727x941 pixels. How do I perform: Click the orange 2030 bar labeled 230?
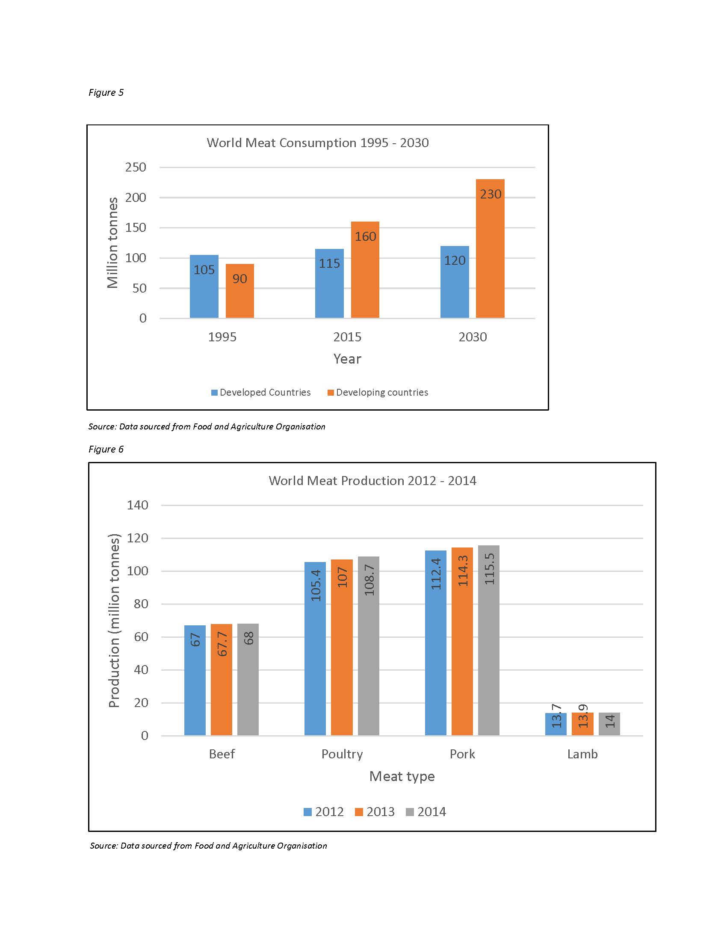click(x=490, y=249)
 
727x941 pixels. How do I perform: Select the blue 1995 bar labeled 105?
click(x=204, y=287)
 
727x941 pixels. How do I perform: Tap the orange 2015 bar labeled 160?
click(x=365, y=270)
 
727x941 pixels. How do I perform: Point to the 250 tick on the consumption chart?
click(x=136, y=167)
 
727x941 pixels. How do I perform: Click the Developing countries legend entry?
click(x=378, y=393)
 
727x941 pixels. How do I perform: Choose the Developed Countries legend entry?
click(x=260, y=393)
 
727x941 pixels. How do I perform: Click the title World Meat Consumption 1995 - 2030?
click(x=318, y=142)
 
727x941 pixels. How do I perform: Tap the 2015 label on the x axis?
click(x=347, y=337)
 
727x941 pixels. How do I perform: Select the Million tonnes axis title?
click(x=112, y=243)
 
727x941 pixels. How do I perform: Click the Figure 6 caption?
click(x=106, y=449)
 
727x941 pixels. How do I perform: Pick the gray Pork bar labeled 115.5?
click(x=489, y=640)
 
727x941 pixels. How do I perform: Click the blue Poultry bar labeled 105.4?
click(x=315, y=648)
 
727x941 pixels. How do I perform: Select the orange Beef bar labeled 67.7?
click(x=222, y=680)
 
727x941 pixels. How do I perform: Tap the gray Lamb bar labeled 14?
click(x=609, y=724)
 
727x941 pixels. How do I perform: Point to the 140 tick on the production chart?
click(x=137, y=505)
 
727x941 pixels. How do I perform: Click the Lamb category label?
click(x=582, y=754)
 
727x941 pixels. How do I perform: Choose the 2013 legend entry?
click(x=375, y=812)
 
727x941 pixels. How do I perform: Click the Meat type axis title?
click(x=402, y=776)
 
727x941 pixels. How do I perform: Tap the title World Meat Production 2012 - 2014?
click(x=372, y=480)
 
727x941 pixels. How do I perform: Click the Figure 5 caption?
click(x=106, y=92)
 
